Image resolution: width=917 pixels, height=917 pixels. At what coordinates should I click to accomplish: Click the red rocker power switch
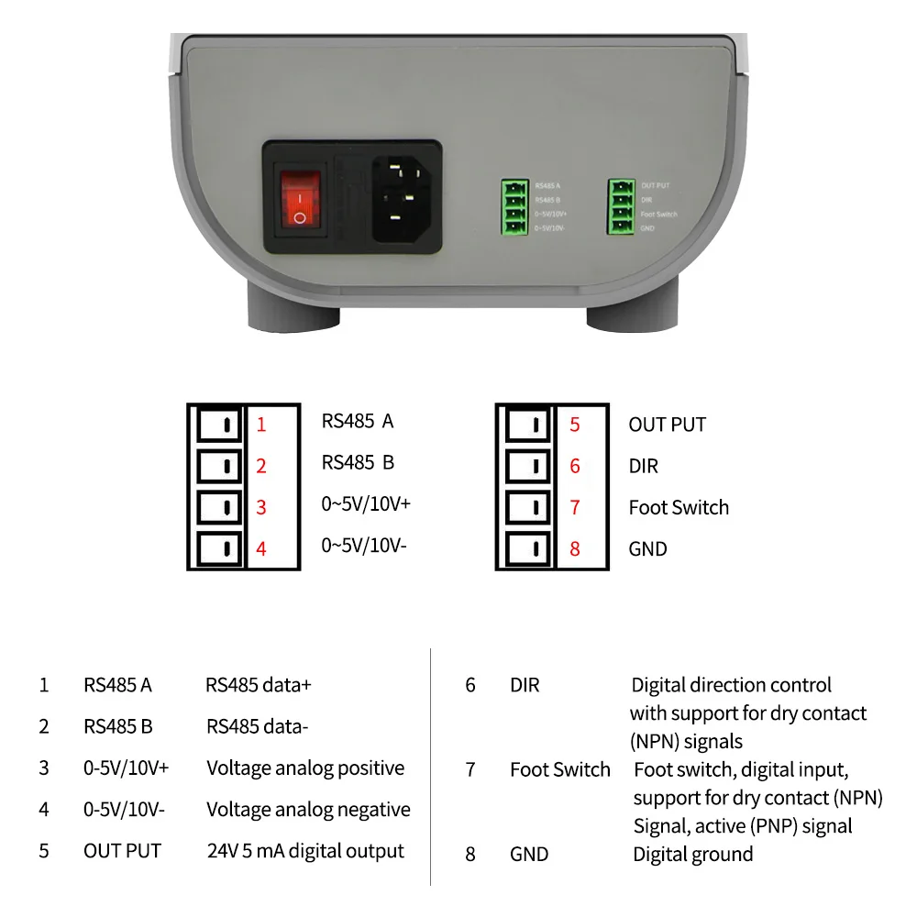pos(300,197)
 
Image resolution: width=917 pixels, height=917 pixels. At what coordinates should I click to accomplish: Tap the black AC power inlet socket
pos(399,197)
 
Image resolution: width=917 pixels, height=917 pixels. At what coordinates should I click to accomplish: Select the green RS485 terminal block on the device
pos(514,206)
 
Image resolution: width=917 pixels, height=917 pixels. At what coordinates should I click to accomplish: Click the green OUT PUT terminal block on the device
pos(622,206)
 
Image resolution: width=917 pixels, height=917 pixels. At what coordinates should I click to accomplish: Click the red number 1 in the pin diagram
pos(261,425)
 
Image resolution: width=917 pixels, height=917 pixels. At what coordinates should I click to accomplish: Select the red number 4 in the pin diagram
pos(261,549)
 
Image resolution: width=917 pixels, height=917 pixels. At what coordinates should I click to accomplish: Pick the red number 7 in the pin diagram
pos(575,507)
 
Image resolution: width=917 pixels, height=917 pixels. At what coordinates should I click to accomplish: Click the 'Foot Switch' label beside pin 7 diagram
pos(679,507)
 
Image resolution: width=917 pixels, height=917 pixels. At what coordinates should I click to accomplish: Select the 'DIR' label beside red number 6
pos(644,466)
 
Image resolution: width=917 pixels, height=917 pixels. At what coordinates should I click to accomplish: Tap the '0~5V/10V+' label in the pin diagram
pos(365,503)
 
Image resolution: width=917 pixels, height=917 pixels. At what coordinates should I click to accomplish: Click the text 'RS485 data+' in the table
pos(259,685)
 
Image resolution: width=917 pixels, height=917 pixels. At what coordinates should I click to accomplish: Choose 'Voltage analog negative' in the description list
pos(308,810)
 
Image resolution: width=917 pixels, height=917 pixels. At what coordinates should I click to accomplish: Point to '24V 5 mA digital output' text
pos(305,851)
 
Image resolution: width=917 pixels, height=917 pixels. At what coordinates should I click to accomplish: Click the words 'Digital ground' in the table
pos(693,855)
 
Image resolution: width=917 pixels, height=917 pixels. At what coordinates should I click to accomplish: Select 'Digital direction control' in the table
pos(731,685)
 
